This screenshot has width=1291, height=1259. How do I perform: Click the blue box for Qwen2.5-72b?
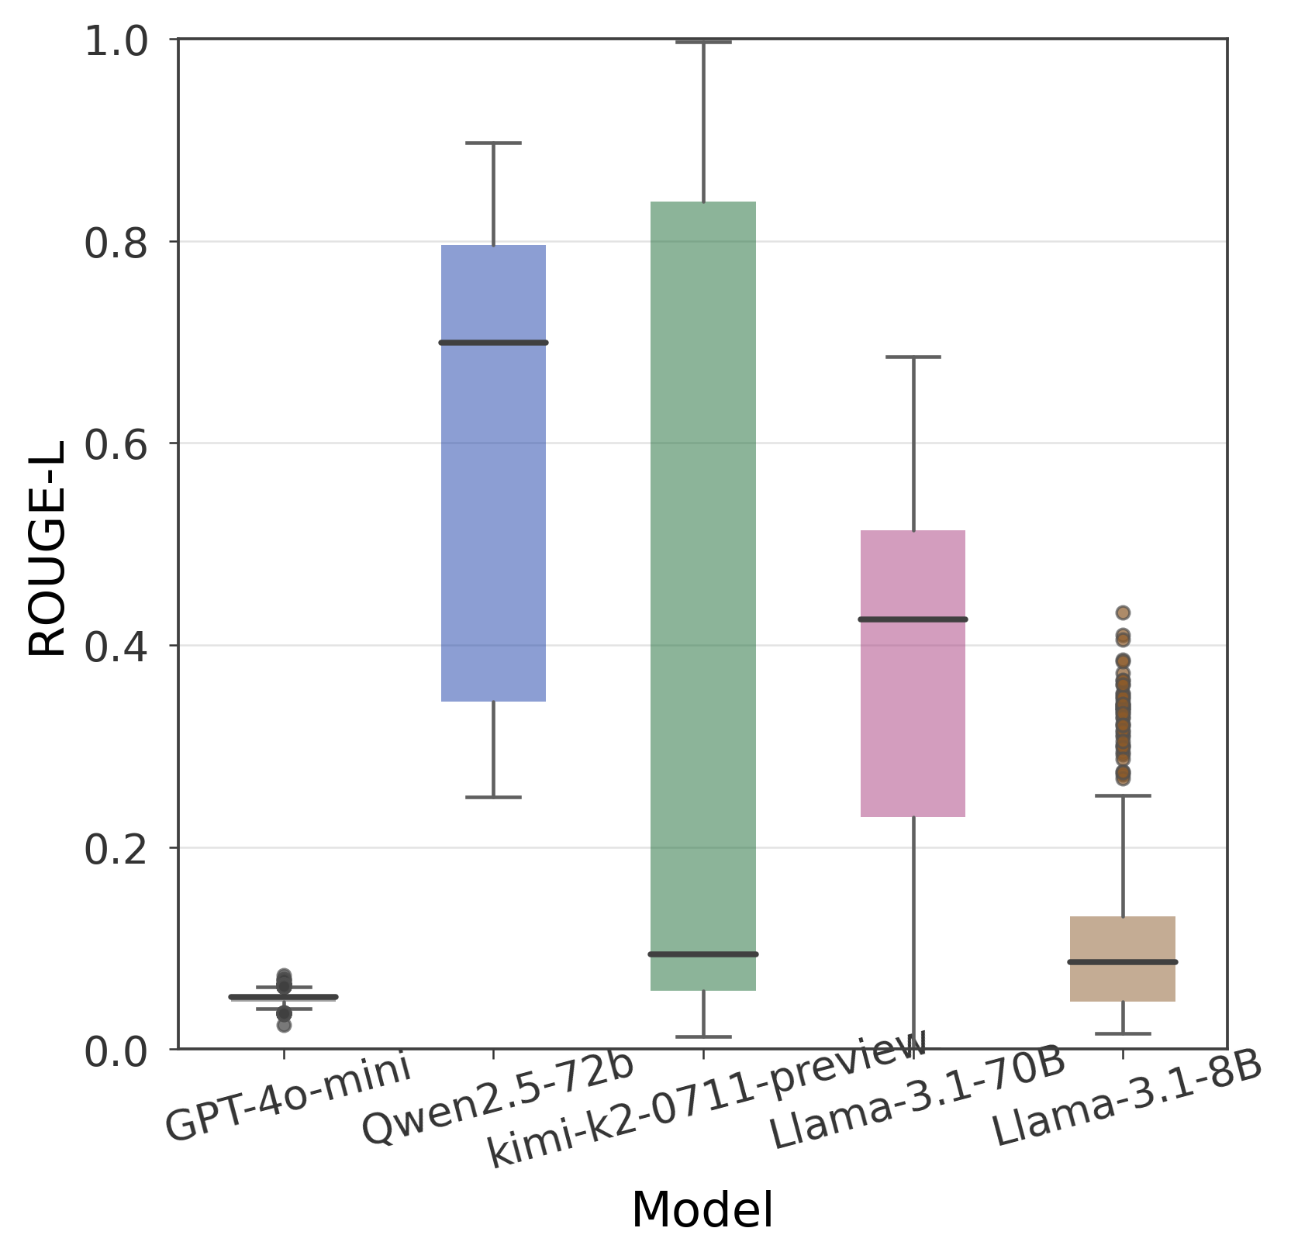click(493, 473)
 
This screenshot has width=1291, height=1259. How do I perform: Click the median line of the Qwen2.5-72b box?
click(493, 342)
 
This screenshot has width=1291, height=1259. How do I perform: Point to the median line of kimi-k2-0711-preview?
click(703, 954)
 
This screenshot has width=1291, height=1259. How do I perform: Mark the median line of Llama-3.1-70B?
click(913, 619)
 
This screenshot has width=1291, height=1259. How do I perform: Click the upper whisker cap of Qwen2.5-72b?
click(493, 143)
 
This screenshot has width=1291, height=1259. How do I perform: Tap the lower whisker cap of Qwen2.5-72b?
click(493, 797)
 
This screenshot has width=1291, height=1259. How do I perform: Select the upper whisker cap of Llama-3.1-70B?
click(913, 357)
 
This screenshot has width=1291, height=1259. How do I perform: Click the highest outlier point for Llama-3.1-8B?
click(1123, 612)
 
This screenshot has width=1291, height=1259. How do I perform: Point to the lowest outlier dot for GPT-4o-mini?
click(284, 1025)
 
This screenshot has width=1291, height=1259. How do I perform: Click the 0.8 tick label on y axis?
click(116, 243)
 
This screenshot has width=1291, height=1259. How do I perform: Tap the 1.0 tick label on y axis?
click(116, 41)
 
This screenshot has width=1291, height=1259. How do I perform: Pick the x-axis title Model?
click(702, 1210)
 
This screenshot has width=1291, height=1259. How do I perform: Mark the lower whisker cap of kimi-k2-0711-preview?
click(703, 1037)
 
